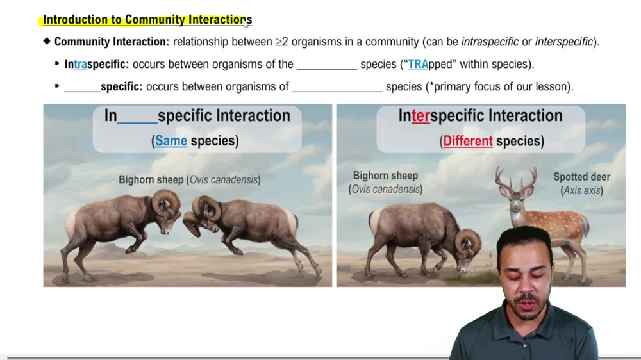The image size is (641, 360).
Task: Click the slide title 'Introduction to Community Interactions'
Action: coord(147,20)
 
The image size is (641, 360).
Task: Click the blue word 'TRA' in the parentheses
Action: coord(418,64)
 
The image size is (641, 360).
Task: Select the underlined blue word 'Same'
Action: coord(171,141)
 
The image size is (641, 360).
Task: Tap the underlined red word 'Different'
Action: coord(468,141)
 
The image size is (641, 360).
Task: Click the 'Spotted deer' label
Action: coord(581,177)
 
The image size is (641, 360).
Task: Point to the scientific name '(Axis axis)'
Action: coord(581,190)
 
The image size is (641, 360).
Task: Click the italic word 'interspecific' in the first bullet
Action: coord(563,42)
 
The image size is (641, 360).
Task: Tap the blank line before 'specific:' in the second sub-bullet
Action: coord(82,86)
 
